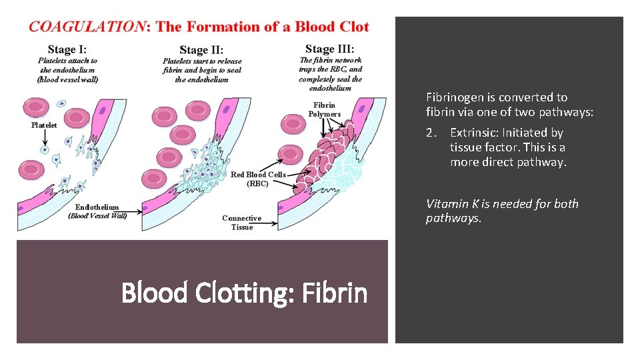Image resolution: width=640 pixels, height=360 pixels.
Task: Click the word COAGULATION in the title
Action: (x=87, y=27)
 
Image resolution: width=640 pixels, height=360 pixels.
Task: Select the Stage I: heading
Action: (x=67, y=49)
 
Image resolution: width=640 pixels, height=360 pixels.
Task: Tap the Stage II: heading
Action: (x=201, y=50)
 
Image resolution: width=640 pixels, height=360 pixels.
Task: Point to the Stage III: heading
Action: (x=329, y=49)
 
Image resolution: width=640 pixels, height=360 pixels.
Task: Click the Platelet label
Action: (x=45, y=125)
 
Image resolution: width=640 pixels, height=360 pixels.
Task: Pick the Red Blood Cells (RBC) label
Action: (x=258, y=179)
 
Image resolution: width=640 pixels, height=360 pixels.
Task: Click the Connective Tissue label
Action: (x=241, y=223)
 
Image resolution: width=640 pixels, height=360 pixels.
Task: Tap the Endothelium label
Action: (x=97, y=207)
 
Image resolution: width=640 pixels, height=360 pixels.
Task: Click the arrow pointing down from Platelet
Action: (x=45, y=139)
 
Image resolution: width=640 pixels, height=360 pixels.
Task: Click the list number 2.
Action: (x=431, y=133)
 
